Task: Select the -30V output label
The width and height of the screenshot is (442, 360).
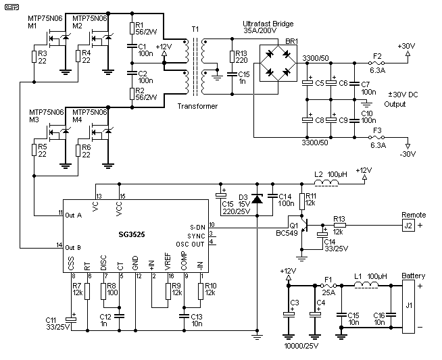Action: point(407,153)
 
